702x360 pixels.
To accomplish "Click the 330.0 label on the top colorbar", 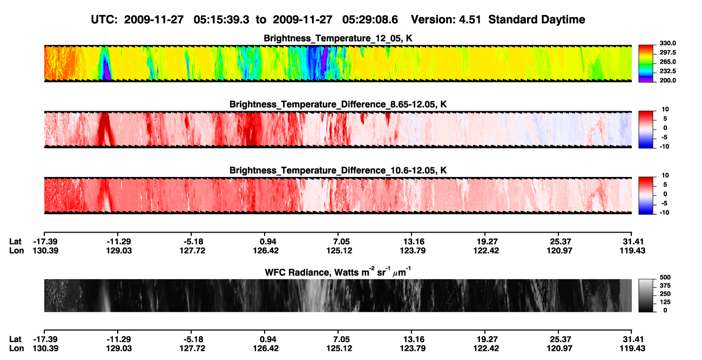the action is (667, 43).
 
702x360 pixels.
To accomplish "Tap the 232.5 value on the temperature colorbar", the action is (667, 71).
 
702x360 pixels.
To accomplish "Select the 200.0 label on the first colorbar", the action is (667, 80).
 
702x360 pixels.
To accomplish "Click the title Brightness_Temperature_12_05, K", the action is (338, 38).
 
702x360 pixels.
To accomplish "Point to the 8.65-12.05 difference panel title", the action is (338, 104).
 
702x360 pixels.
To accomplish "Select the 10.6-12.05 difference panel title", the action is (338, 171).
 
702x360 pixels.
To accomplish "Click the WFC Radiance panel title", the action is (338, 272).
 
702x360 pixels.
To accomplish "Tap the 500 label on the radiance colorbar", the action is (665, 277).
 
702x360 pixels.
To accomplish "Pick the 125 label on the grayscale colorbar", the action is (665, 302).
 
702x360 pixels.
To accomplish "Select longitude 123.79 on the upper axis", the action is (413, 250).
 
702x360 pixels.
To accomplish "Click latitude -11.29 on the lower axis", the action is (119, 339).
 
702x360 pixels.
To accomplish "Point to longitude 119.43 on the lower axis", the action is (632, 349).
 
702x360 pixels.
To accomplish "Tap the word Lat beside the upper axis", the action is (15, 242).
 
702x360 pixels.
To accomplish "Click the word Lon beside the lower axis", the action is (17, 349).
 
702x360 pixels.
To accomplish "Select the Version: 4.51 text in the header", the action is (446, 20).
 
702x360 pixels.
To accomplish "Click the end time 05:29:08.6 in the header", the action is (370, 20).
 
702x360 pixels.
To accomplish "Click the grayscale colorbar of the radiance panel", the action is (646, 295).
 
